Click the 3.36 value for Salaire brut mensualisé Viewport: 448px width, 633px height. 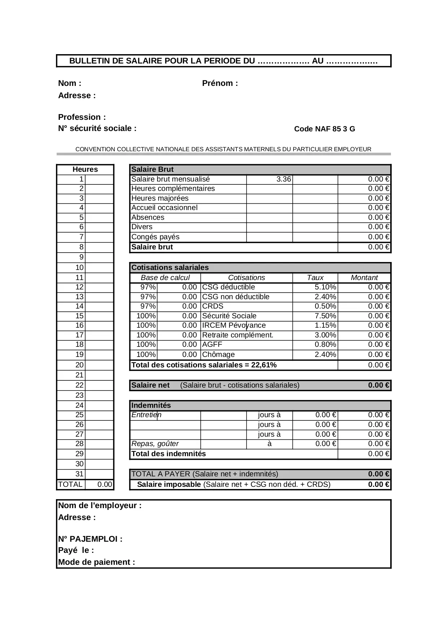click(x=283, y=179)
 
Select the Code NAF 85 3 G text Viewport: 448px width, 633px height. click(x=324, y=129)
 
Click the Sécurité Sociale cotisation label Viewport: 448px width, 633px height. click(x=229, y=316)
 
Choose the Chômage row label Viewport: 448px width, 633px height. click(x=218, y=355)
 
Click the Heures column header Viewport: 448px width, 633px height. click(x=85, y=170)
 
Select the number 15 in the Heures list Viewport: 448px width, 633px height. click(x=79, y=316)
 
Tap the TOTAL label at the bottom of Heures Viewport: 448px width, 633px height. click(x=70, y=485)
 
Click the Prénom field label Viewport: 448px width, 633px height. click(x=220, y=83)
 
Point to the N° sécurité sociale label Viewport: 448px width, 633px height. click(x=97, y=128)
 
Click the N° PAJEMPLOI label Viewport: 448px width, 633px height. click(x=90, y=539)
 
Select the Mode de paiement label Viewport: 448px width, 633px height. click(x=96, y=562)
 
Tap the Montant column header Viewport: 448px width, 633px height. click(x=364, y=278)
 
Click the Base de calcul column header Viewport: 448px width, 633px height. click(x=165, y=278)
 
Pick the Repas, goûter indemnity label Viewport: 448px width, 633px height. click(x=155, y=444)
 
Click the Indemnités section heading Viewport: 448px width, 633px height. click(x=151, y=406)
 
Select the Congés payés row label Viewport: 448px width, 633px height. click(x=155, y=237)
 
